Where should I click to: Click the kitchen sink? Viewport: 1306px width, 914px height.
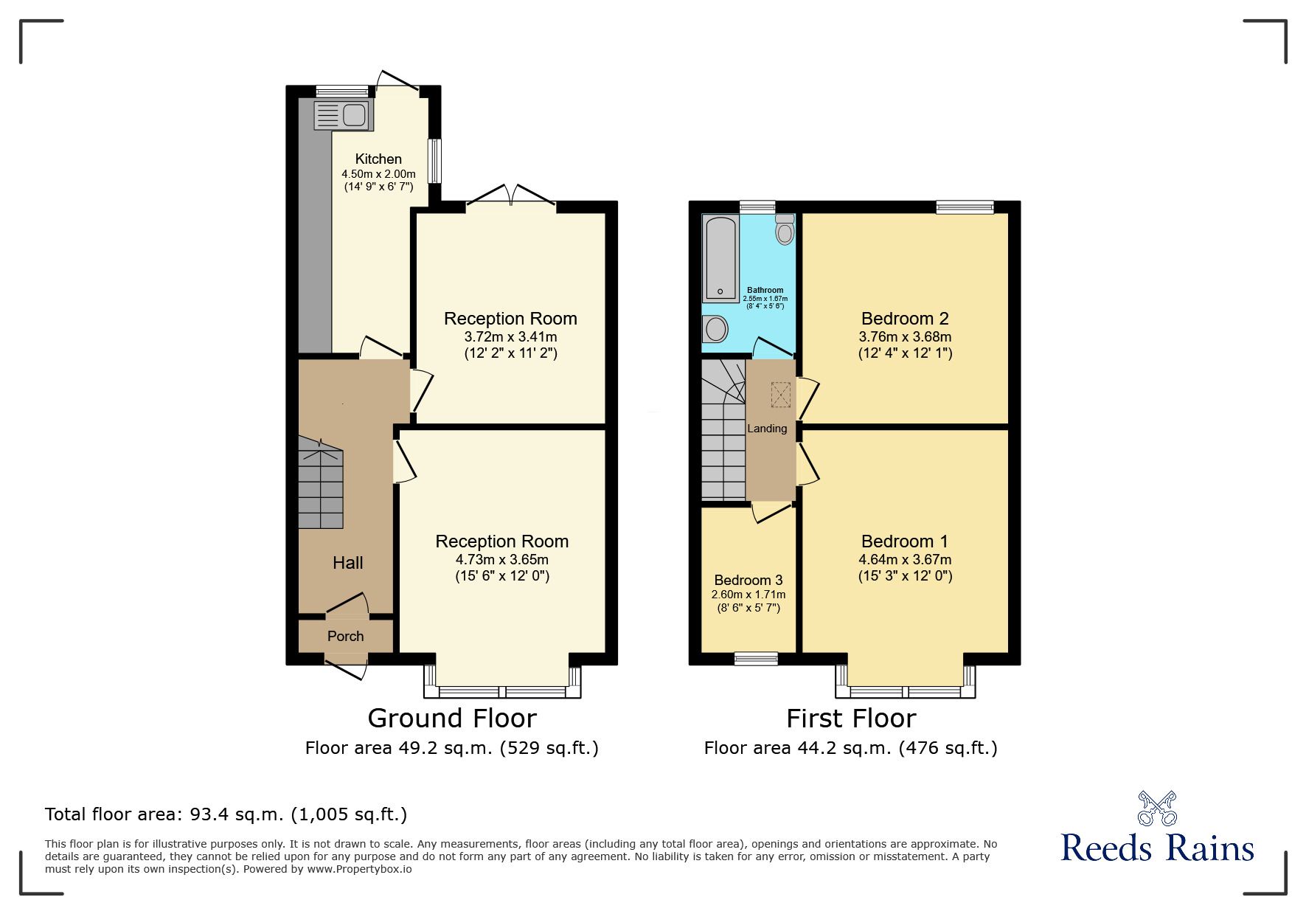click(x=344, y=115)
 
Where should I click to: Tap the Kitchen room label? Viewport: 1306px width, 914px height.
click(x=378, y=159)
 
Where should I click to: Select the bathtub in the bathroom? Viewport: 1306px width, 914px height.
click(x=720, y=258)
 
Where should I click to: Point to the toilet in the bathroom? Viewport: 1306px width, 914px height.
click(x=785, y=229)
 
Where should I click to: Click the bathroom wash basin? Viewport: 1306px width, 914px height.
click(x=715, y=328)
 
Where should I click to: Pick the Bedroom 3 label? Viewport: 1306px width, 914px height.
click(x=748, y=580)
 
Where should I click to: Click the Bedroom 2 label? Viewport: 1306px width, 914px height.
click(x=905, y=319)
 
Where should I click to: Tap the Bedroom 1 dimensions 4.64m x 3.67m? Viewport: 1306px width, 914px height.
click(x=905, y=560)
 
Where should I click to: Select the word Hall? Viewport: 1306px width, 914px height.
click(x=348, y=563)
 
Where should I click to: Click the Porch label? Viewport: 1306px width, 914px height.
click(x=345, y=636)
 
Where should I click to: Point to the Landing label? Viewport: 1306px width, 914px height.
click(x=767, y=429)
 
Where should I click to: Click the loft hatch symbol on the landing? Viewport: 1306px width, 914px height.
click(x=780, y=395)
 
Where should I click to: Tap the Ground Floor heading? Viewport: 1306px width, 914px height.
click(x=452, y=719)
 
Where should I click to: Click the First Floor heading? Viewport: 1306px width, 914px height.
click(x=851, y=719)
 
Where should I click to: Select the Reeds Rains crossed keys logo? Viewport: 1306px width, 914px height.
click(x=1157, y=809)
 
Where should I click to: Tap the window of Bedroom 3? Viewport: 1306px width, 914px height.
click(x=756, y=659)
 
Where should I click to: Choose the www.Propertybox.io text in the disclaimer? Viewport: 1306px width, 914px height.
click(x=360, y=869)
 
